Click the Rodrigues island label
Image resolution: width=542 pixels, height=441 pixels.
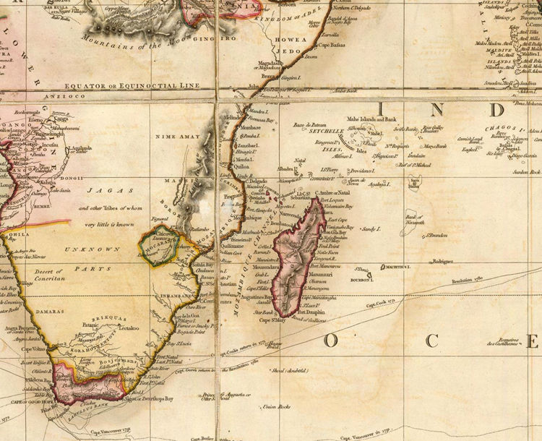pos(443,262)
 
